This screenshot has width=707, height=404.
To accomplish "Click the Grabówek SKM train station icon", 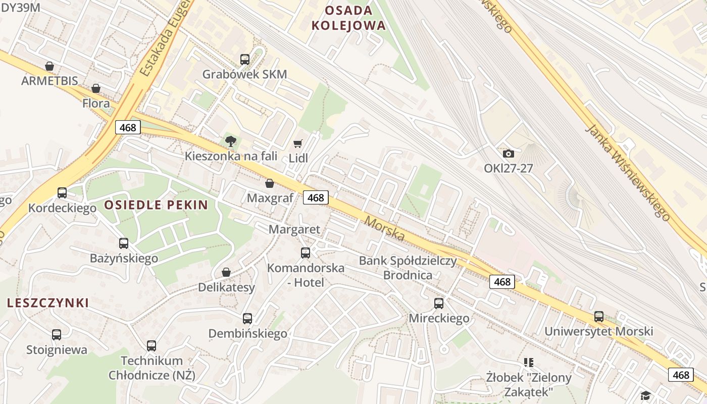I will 245,60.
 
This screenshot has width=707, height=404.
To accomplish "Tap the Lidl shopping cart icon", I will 298,144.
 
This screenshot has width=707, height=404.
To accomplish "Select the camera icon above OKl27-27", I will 508,154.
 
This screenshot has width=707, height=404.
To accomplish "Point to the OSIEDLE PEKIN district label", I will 156,205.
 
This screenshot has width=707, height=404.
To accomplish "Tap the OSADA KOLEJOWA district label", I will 348,18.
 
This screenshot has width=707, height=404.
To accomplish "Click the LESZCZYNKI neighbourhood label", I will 48,303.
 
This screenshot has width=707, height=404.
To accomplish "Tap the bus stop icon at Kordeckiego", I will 62,193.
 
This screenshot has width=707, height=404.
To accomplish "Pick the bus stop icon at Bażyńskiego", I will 124,243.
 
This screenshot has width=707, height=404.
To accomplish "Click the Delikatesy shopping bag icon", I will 226,272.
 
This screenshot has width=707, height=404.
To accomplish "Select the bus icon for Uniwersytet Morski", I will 599,317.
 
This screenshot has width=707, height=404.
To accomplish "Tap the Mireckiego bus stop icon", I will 439,304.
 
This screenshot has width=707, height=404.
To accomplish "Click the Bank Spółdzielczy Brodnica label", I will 408,268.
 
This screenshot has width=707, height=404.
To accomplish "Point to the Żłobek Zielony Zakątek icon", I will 529,362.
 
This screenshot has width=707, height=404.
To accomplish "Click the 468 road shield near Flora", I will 128,127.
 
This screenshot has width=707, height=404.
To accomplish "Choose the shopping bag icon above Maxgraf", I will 270,183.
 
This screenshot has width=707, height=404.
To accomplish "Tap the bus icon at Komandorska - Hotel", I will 306,253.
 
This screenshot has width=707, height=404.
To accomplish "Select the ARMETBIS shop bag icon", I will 49,66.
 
